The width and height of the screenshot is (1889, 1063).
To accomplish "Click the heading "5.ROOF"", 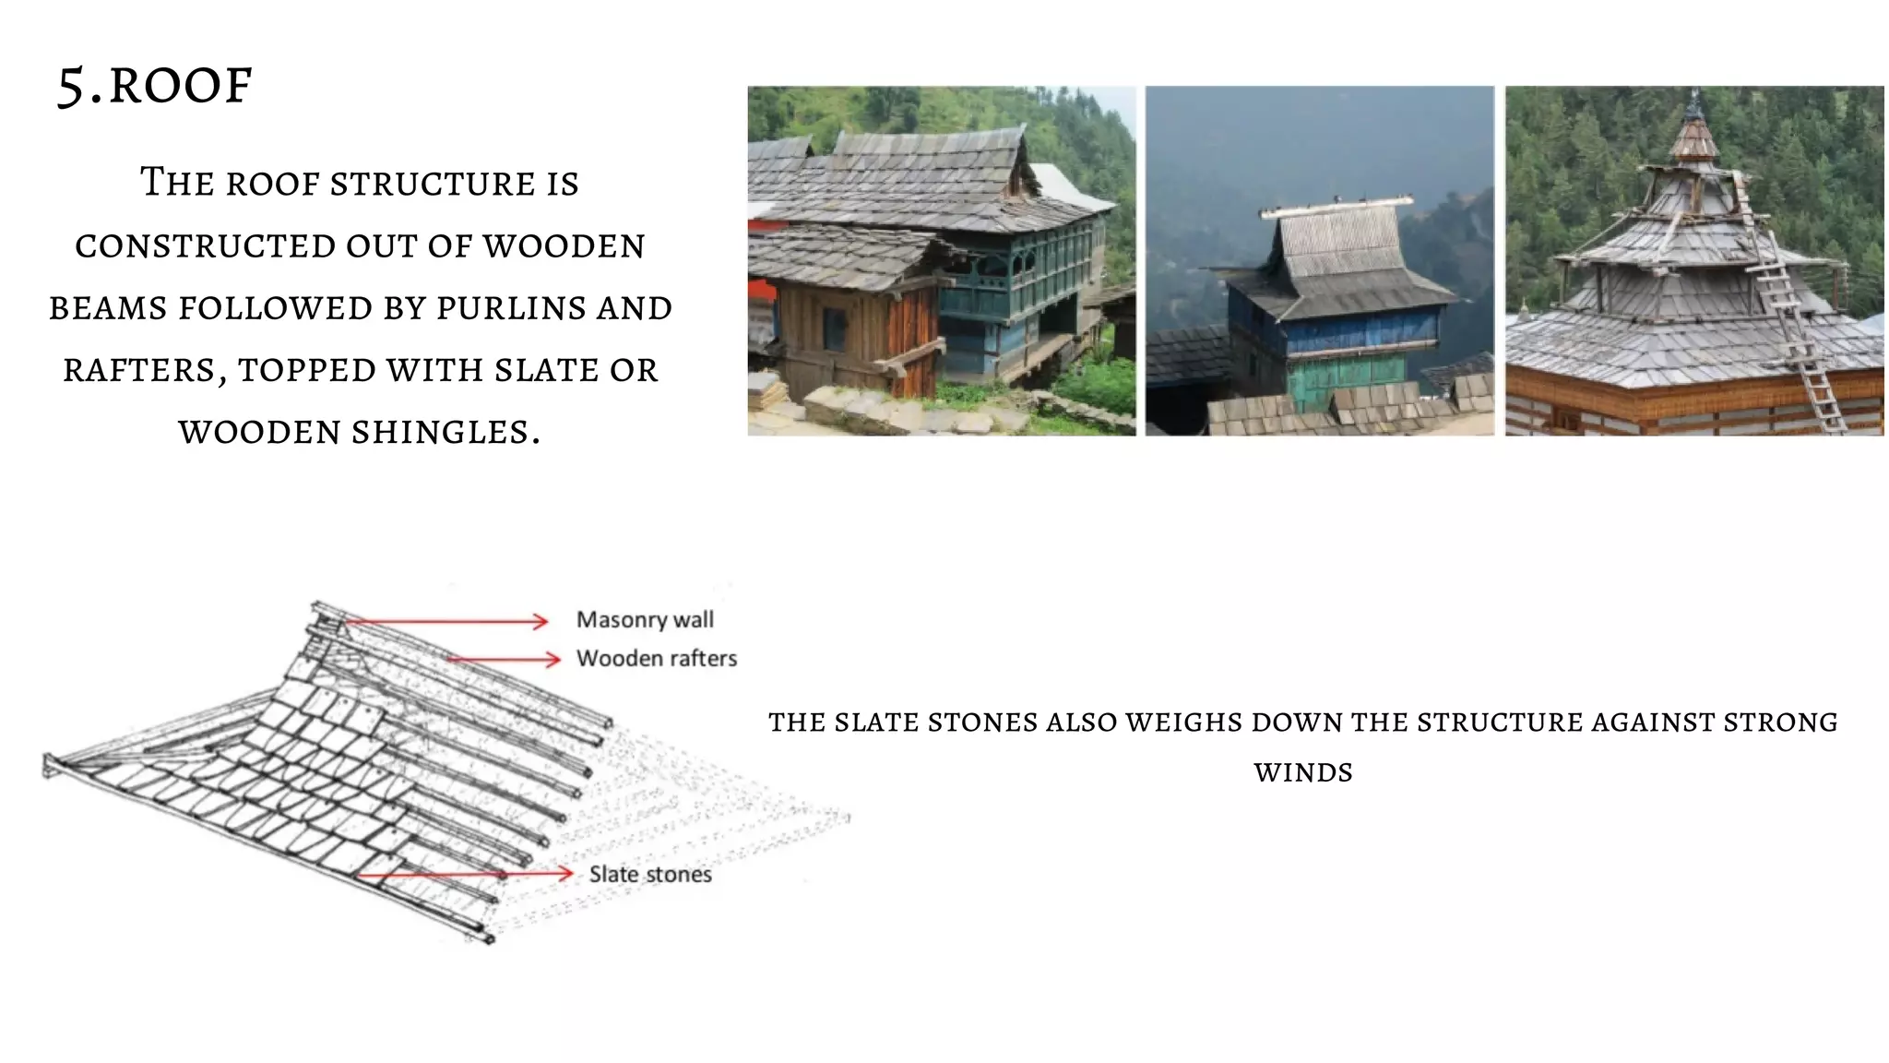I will point(154,86).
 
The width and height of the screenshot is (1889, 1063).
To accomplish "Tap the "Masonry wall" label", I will point(645,620).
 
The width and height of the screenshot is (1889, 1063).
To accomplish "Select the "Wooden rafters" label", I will point(656,659).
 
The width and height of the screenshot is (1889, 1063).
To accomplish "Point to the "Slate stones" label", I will point(650,875).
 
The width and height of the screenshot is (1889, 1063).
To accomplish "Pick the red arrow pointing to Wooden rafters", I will point(504,659).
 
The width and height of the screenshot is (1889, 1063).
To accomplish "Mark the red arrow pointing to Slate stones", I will point(466,874).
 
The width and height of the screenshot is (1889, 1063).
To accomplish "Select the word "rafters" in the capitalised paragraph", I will point(139,370).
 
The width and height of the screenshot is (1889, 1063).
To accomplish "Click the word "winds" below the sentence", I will point(1303,772).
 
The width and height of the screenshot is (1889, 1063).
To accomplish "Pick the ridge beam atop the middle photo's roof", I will point(1337,206).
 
